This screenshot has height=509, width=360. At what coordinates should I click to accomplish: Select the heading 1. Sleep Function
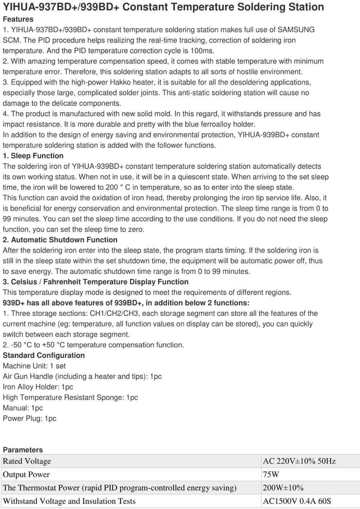point(33,155)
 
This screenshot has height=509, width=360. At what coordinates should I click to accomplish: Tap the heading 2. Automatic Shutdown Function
point(60,239)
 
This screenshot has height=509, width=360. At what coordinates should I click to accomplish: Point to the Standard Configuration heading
point(44,355)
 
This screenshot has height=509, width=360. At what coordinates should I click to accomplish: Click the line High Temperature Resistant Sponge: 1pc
point(70,397)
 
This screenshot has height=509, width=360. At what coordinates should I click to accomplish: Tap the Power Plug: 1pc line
point(29,418)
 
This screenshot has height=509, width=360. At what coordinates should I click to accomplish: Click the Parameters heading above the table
point(22,449)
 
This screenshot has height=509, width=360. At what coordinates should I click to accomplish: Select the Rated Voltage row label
point(27,461)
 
